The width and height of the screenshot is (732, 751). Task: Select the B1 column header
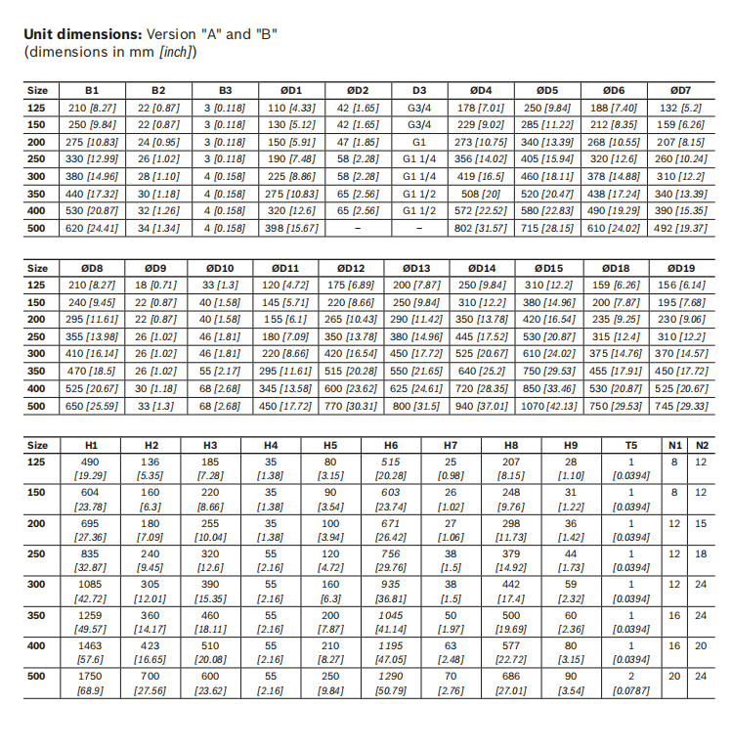point(92,92)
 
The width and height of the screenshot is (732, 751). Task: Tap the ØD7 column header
point(681,92)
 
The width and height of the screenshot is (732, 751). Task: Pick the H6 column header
point(391,444)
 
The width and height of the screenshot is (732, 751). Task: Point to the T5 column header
point(631,444)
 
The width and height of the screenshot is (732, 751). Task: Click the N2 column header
point(701,444)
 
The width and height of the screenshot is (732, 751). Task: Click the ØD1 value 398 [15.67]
point(290,228)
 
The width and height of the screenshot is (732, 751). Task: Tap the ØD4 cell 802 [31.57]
point(481,228)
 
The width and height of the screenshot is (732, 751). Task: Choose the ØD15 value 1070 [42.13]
point(548,405)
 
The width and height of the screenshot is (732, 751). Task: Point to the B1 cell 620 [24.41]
point(92,228)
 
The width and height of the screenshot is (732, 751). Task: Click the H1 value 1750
point(90,676)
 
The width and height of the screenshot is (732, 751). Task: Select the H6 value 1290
point(391,676)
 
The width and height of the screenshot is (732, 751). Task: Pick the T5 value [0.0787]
point(631,690)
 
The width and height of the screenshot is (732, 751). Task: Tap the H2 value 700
point(151,676)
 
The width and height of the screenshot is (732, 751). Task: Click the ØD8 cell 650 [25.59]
point(92,405)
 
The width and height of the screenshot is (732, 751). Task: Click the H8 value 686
point(511,676)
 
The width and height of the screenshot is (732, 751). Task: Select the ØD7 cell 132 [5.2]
point(681,108)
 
